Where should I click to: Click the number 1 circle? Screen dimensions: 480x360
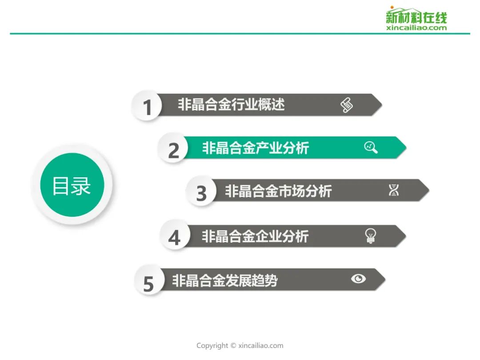146,106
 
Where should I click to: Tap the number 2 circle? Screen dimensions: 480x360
173,148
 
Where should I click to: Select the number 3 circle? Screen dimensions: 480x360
201,192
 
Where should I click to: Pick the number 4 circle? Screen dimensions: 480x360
175,235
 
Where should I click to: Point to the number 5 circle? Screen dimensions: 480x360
149,280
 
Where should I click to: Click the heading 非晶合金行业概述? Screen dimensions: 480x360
231,105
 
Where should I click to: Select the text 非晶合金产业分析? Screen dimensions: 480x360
255,148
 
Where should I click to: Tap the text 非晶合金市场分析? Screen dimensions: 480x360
278,191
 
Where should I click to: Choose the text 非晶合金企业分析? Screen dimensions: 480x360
255,236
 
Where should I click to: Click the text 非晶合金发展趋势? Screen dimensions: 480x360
225,280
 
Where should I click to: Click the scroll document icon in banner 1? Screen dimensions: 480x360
347,105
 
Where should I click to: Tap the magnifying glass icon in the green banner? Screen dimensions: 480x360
371,147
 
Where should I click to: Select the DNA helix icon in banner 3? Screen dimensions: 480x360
394,190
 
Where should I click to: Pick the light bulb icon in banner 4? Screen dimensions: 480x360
370,236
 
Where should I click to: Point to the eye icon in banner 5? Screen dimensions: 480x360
359,279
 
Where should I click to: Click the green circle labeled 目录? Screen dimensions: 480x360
72,185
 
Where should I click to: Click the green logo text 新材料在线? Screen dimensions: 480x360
416,17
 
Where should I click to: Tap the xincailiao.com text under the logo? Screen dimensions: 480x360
416,28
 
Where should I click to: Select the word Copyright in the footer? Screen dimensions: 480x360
212,346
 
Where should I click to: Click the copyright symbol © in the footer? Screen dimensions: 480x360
233,346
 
